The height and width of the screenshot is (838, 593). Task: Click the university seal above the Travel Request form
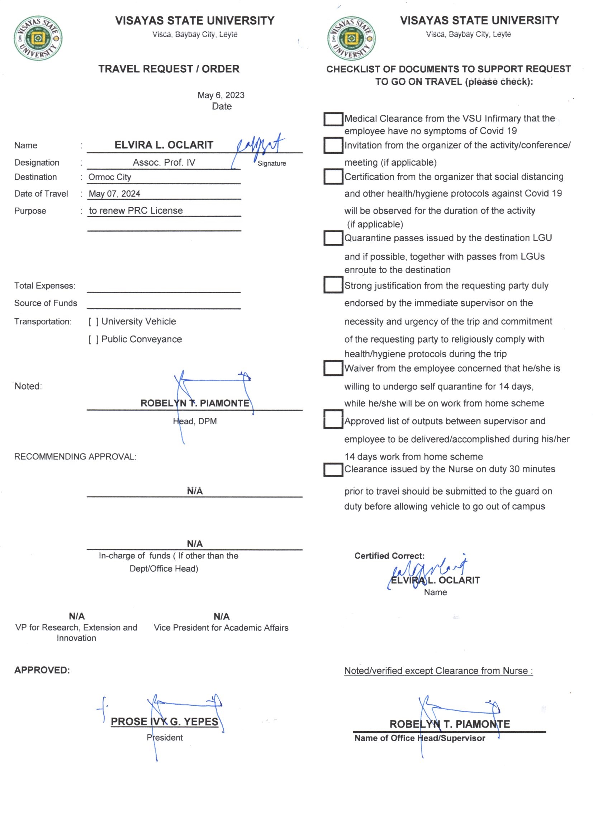38,38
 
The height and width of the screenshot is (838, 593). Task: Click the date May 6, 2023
221,95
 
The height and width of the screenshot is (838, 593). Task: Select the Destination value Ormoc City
110,177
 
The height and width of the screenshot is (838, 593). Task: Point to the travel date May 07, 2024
114,194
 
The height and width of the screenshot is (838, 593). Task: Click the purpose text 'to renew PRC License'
136,211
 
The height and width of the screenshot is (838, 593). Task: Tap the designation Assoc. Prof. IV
164,162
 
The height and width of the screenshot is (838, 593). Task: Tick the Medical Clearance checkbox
333,119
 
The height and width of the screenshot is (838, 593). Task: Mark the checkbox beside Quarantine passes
333,238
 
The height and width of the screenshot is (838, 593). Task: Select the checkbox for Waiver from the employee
333,368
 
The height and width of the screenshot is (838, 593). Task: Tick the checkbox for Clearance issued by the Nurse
333,470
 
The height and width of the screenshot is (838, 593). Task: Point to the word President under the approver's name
165,737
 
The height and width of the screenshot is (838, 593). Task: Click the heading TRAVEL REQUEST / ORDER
169,69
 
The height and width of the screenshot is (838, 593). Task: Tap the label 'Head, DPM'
195,421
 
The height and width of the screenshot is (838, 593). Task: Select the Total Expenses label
44,286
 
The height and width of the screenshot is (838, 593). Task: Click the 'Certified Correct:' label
389,556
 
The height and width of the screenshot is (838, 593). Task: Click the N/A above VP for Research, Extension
77,616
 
